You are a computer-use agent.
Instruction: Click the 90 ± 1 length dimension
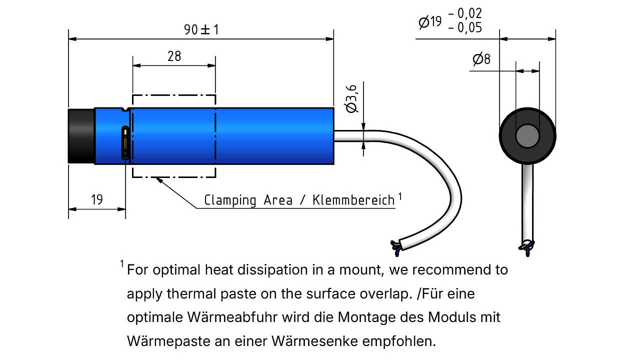coord(201,29)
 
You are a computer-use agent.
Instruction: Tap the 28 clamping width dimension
coord(174,56)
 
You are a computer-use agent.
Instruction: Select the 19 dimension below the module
coord(97,199)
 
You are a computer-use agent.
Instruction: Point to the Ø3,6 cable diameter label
coord(351,99)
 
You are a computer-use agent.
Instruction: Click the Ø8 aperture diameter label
coord(481,59)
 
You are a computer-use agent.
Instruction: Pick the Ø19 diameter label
coord(430,21)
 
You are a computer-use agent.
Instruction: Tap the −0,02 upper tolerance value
coord(465,13)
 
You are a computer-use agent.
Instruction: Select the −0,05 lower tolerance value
coord(465,27)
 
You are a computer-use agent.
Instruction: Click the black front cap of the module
coord(81,136)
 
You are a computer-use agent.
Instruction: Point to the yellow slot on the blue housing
coord(125,142)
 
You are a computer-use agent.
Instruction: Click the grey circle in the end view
coord(527,136)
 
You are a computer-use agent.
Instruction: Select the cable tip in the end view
coord(527,248)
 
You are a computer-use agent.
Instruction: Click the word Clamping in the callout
coord(230,200)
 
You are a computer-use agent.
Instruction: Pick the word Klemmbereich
coord(353,200)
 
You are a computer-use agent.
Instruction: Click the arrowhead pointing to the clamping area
coord(159,180)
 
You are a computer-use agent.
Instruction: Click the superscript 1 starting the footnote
coord(122,263)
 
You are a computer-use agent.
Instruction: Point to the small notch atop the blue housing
coord(125,109)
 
